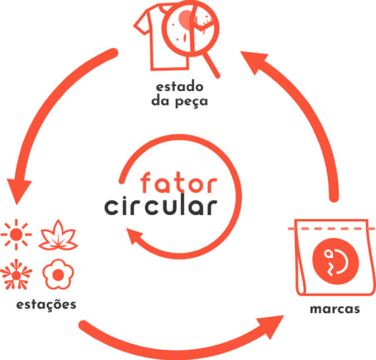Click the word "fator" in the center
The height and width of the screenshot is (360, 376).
(179, 183)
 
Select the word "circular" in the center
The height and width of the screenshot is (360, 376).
(159, 207)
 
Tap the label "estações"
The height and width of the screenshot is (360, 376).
(46, 305)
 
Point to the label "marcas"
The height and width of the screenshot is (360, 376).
(335, 309)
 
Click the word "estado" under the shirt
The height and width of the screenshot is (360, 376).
(179, 88)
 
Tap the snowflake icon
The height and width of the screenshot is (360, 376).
(17, 274)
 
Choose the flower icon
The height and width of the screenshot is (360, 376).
(57, 274)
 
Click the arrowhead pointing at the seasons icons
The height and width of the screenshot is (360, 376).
(19, 188)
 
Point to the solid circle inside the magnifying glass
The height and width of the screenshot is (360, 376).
(185, 22)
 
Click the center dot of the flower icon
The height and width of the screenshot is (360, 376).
(57, 274)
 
